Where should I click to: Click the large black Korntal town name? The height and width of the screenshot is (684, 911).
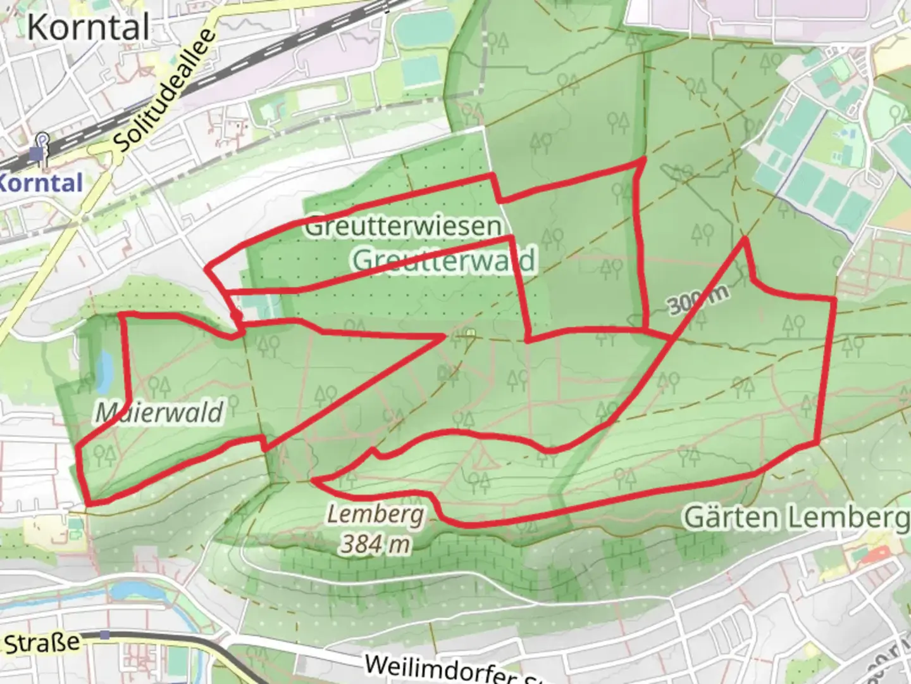(89, 28)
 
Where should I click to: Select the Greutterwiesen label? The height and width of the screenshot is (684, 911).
(404, 226)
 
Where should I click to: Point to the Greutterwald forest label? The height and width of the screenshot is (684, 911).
(443, 260)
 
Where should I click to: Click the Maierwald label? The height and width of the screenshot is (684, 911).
(159, 413)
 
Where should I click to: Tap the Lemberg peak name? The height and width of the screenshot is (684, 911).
(376, 514)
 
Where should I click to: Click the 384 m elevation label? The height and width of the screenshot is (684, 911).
(375, 543)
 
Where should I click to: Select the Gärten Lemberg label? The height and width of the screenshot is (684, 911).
(796, 518)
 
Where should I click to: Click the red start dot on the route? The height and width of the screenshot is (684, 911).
(236, 315)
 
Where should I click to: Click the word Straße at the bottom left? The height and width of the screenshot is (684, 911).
(42, 643)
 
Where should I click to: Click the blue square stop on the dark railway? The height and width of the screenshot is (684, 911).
(104, 635)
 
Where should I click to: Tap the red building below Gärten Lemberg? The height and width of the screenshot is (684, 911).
(876, 555)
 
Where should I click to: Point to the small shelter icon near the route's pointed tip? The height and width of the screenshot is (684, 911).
(470, 332)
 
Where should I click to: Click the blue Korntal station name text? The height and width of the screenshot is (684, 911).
(41, 183)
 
